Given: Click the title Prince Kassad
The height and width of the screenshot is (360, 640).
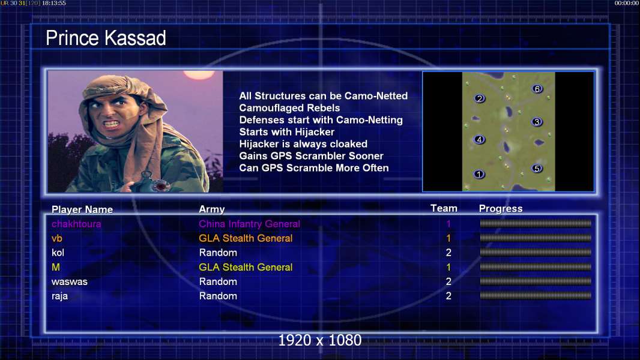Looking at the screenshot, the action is [x=106, y=38].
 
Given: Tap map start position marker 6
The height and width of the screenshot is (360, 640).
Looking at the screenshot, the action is [x=537, y=89].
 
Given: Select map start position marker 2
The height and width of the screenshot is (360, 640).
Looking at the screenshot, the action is [x=480, y=98].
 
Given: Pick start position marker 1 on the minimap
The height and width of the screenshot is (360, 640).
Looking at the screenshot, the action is [x=478, y=175].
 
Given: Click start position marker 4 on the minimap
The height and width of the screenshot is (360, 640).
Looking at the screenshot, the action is [x=479, y=139].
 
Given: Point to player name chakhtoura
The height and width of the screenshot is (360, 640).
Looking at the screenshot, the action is [x=76, y=224].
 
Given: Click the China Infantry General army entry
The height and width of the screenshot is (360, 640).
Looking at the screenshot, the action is [x=249, y=224].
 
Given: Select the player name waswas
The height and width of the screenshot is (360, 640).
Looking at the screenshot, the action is [x=70, y=282].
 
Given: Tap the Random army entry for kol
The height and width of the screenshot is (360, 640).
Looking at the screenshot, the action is [x=218, y=253].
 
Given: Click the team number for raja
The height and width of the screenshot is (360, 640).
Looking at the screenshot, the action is [x=448, y=296].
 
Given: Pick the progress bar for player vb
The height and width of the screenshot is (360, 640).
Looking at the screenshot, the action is [x=536, y=238].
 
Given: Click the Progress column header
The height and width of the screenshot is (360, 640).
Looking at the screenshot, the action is [x=500, y=209].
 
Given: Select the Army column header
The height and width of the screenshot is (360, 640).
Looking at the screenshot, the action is [x=211, y=209].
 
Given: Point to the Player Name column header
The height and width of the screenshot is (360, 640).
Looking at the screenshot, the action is [x=82, y=209].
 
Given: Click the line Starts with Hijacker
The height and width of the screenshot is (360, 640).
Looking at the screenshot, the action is [x=286, y=132].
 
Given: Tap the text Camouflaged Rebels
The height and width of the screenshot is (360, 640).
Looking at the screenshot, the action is [x=289, y=108].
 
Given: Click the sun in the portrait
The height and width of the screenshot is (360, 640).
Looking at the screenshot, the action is [x=199, y=74].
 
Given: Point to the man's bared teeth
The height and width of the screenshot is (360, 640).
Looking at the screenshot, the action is [x=111, y=123].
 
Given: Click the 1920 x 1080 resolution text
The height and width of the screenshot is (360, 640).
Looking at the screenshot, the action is [x=320, y=340].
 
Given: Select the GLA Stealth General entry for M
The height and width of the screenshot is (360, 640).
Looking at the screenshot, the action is [x=246, y=268].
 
